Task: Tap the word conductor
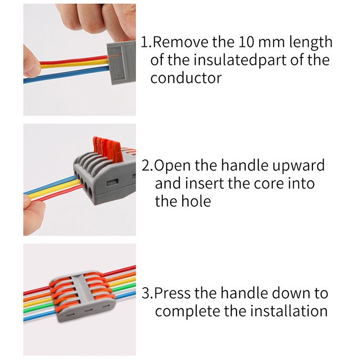click(x=186, y=78)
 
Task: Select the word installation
click(x=289, y=311)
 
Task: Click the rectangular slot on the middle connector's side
click(x=112, y=182)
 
